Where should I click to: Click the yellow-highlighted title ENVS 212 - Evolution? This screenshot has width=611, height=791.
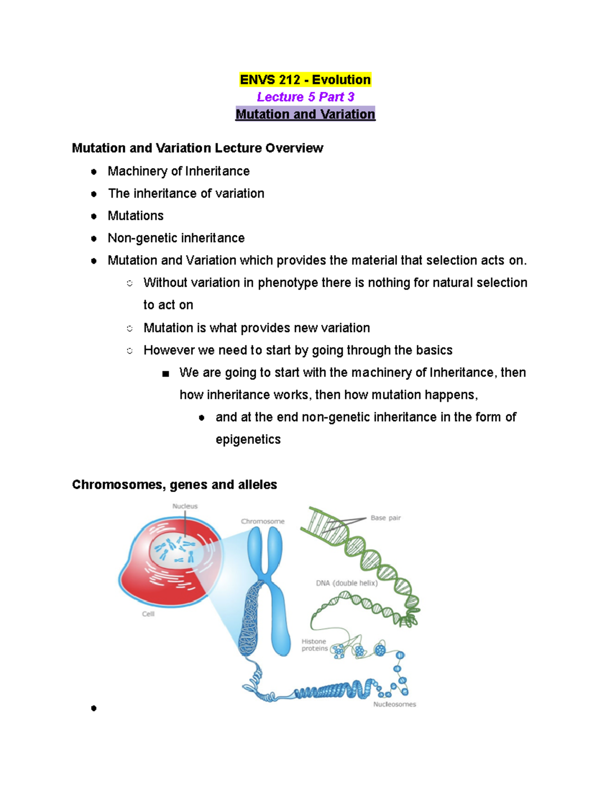[305, 80]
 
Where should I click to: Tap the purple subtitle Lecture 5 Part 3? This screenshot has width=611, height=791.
[305, 97]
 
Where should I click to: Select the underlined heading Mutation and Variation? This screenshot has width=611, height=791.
[305, 114]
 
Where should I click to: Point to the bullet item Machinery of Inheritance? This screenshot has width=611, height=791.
[178, 171]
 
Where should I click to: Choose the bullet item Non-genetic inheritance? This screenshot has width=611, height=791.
[176, 238]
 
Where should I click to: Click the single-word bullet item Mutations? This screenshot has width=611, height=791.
[135, 216]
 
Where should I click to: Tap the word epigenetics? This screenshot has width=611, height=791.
[248, 440]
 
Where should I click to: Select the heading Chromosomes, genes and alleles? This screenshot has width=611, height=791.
[174, 484]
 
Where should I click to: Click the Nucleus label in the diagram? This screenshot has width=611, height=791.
[185, 506]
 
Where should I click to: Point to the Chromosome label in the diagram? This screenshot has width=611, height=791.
[263, 522]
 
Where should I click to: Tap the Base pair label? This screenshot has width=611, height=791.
[385, 518]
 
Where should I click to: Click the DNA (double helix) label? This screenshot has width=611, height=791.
[347, 583]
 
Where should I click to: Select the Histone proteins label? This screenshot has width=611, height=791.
[314, 645]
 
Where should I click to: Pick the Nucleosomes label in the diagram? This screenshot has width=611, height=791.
[395, 704]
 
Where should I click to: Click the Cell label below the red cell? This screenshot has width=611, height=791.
[148, 614]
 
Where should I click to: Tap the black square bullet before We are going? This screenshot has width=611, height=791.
[165, 374]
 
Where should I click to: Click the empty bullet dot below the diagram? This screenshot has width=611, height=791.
[94, 708]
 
